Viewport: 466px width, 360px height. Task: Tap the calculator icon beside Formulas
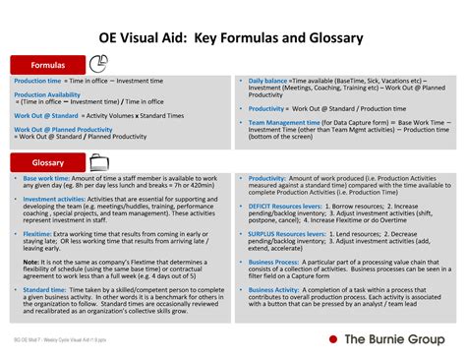[x=95, y=64]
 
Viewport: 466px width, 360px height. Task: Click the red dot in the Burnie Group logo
[x=334, y=339]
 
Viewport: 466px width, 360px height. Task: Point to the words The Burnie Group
[x=395, y=339]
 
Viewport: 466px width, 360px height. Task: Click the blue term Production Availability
[x=47, y=95]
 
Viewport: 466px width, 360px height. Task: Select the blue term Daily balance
[x=267, y=81]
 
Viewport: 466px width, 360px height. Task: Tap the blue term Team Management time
[x=282, y=123]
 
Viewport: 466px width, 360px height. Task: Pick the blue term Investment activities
[x=54, y=198]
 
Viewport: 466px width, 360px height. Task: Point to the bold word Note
[x=31, y=262]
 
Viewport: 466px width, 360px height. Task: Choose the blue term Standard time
[x=44, y=290]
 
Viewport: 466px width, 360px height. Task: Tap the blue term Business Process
[x=274, y=263]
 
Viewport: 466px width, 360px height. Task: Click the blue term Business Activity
[x=274, y=290]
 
